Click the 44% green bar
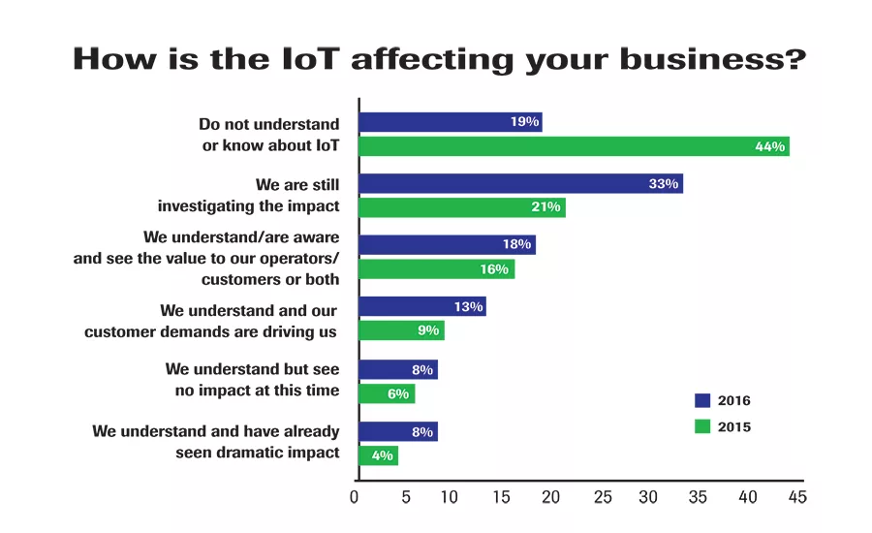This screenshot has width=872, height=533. click(574, 146)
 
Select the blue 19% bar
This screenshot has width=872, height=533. click(451, 122)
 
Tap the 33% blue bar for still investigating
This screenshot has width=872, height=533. click(520, 183)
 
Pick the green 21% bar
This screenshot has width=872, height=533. click(461, 207)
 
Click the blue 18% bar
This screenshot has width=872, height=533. click(447, 244)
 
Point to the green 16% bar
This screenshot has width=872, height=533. click(436, 268)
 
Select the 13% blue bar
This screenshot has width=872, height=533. click(422, 306)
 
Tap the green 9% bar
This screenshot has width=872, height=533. click(401, 330)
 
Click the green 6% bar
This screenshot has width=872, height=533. click(387, 392)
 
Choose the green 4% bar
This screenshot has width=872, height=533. click(378, 455)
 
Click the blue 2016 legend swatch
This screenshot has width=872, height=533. click(702, 400)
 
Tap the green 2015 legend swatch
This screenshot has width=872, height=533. click(702, 425)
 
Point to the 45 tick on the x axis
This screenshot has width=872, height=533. click(796, 497)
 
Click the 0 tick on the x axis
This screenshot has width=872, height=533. click(355, 497)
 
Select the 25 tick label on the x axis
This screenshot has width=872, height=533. click(602, 497)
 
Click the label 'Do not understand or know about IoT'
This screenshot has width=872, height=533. click(268, 135)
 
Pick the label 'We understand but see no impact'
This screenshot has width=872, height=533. click(252, 380)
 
